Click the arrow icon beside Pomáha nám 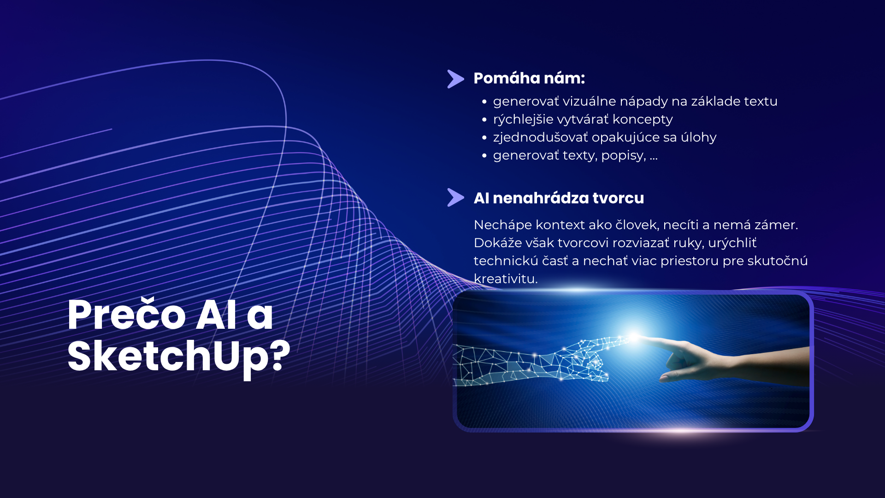click(455, 79)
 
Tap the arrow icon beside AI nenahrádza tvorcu click(455, 198)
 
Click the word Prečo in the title click(126, 315)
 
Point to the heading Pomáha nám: click(529, 78)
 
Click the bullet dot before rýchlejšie click(484, 119)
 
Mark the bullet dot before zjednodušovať click(484, 137)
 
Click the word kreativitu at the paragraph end click(506, 279)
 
